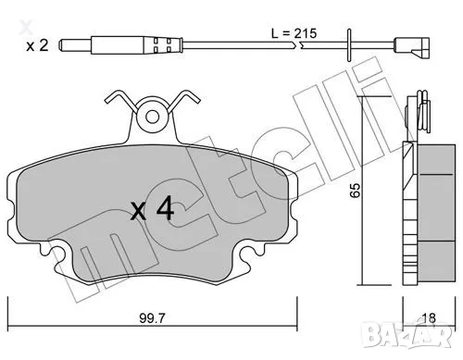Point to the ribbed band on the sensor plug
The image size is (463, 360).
click(177, 44)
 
